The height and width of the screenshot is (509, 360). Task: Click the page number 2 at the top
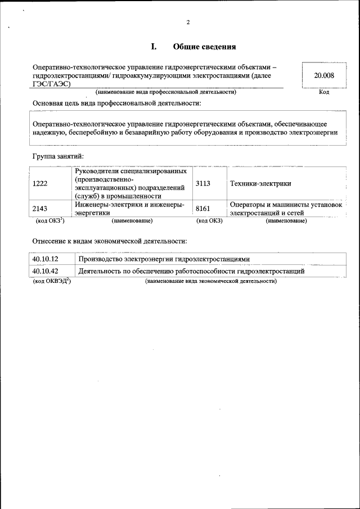tap(188, 22)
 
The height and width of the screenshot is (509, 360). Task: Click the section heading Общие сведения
tap(204, 47)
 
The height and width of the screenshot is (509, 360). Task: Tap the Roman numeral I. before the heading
tap(153, 47)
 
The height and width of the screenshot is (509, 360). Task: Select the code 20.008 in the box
tap(324, 75)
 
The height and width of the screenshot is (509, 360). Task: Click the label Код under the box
tap(324, 92)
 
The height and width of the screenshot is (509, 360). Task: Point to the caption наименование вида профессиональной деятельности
tap(165, 92)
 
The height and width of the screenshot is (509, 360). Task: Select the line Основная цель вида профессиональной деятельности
tap(116, 103)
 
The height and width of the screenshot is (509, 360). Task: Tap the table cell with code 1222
tap(40, 184)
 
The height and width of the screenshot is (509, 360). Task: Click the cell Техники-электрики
tap(259, 184)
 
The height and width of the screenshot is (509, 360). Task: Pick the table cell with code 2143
tap(40, 209)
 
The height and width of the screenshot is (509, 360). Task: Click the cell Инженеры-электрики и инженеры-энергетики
tap(129, 209)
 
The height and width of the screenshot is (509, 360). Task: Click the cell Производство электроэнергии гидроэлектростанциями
tap(163, 259)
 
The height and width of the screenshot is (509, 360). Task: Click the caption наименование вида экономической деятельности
tap(211, 280)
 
